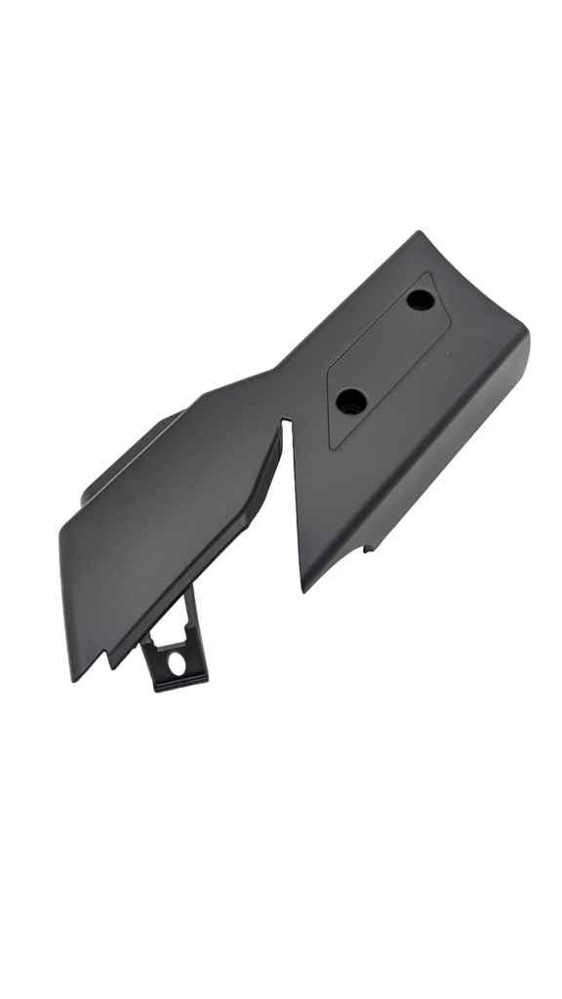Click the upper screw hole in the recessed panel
pyautogui.click(x=421, y=300)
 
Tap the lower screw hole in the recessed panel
pyautogui.click(x=351, y=399)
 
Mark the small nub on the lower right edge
pyautogui.click(x=371, y=547)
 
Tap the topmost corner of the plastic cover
pyautogui.click(x=419, y=232)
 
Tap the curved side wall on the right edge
pyautogui.click(x=459, y=459)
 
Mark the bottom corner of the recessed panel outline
pyautogui.click(x=332, y=448)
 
